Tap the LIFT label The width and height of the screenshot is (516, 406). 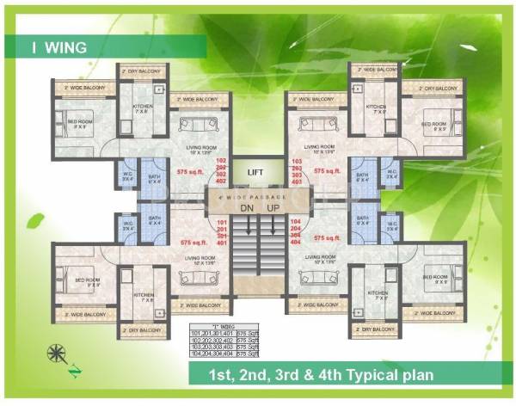255,173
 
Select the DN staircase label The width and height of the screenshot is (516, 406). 245,208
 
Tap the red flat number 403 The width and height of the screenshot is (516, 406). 298,182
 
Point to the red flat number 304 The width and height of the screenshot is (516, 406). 298,237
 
